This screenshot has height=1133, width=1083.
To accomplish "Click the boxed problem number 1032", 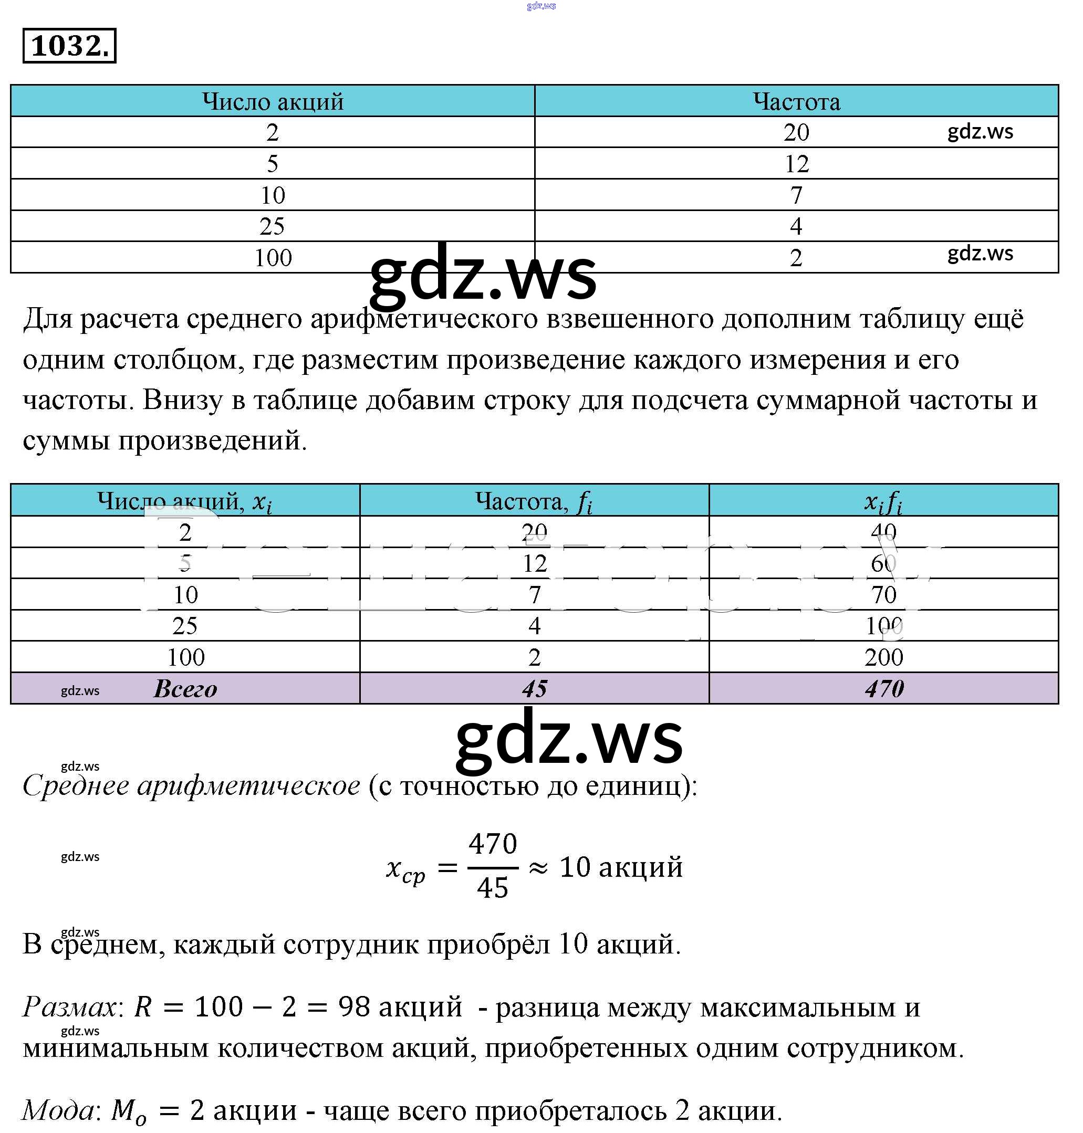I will pos(69,46).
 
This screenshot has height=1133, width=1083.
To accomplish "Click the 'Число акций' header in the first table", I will pos(273,101).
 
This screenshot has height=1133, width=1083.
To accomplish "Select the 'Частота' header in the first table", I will pos(796,101).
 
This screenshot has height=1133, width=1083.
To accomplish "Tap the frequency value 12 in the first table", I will pos(796,164).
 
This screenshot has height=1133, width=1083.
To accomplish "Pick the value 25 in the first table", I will pos(272,226).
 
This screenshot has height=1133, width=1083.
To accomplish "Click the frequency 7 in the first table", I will pos(796,195).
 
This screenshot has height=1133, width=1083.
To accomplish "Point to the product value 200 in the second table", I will pos(883,657).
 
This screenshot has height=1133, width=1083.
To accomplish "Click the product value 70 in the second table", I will pos(883,594).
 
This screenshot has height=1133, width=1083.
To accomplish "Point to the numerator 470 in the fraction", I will pos(493,844).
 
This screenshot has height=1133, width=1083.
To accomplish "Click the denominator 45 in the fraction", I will pos(493,888).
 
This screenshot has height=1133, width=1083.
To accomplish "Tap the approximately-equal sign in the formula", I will pos(538,867).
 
